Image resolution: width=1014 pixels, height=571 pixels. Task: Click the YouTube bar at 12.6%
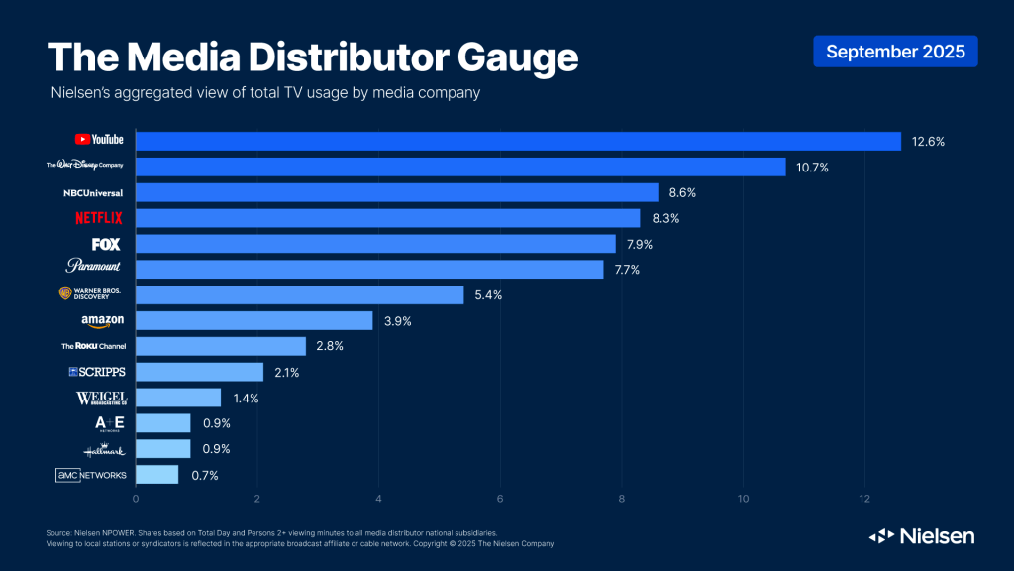coord(518,141)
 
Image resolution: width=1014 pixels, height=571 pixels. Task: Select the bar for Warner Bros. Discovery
coord(299,294)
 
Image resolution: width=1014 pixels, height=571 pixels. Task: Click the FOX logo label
coord(106,244)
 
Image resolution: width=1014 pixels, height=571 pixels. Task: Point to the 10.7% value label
coord(809,168)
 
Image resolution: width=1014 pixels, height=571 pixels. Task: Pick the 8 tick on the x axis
coord(622,498)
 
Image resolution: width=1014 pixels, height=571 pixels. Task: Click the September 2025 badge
coord(895,52)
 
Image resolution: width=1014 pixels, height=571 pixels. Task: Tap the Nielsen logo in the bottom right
coord(922,536)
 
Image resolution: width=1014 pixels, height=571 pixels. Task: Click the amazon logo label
coord(102,321)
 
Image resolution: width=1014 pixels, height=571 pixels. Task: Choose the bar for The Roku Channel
coord(221,346)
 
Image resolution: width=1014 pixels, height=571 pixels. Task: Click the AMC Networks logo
coord(91,476)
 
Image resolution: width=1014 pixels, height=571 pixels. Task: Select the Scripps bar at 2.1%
coord(199,372)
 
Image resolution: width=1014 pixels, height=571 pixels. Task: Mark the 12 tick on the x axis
coord(864,498)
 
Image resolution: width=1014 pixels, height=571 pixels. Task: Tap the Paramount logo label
coord(94,268)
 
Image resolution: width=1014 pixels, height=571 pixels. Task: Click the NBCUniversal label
coord(93,192)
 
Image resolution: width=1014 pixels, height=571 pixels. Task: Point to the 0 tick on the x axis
coord(136,498)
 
